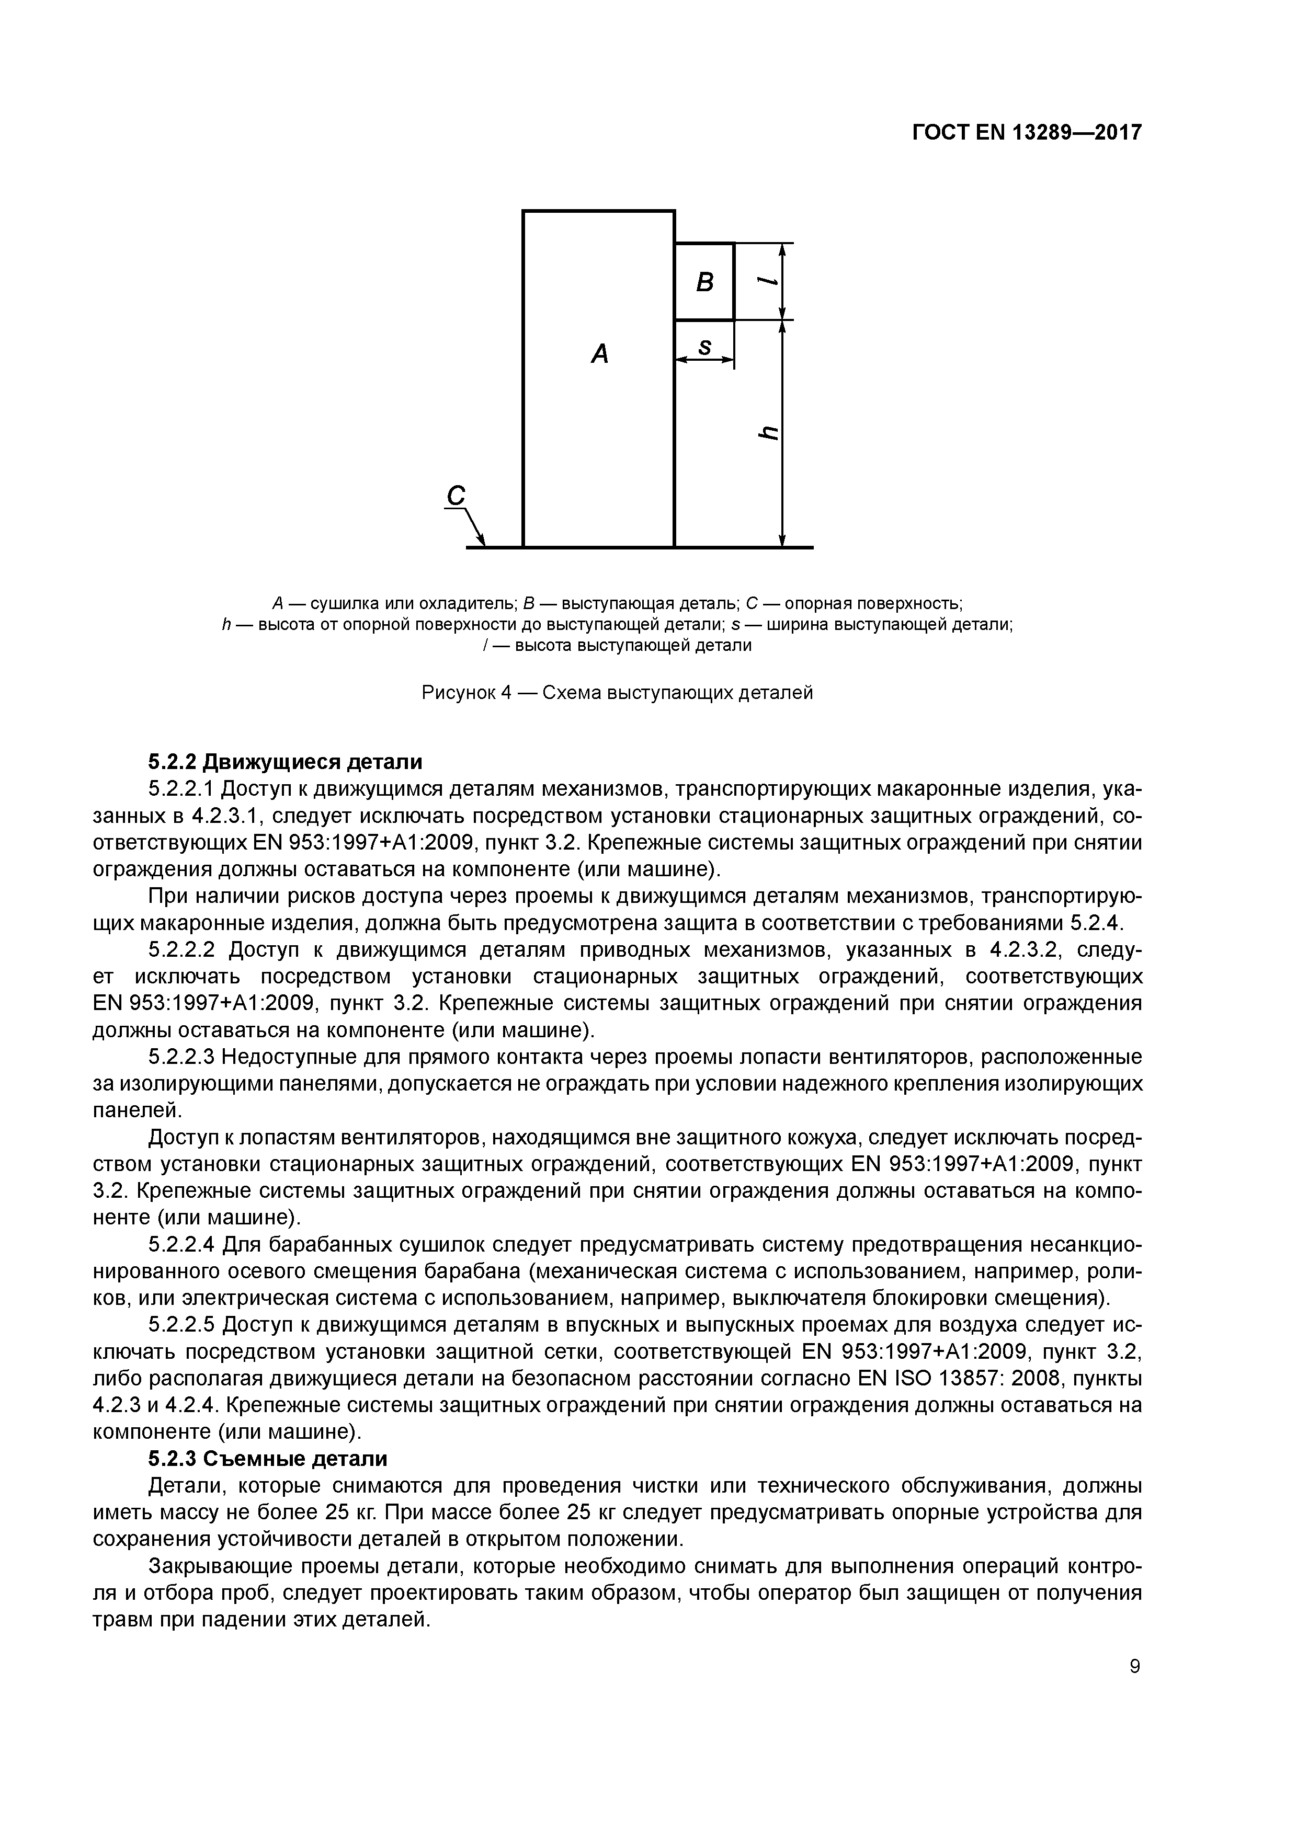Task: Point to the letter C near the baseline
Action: tap(456, 496)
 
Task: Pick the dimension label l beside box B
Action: tap(768, 281)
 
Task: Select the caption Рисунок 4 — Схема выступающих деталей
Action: tap(617, 693)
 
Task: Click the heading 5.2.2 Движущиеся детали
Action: tap(286, 762)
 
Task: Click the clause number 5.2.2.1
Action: tap(182, 789)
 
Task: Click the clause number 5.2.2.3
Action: tap(182, 1057)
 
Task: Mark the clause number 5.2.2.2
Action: tap(182, 950)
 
